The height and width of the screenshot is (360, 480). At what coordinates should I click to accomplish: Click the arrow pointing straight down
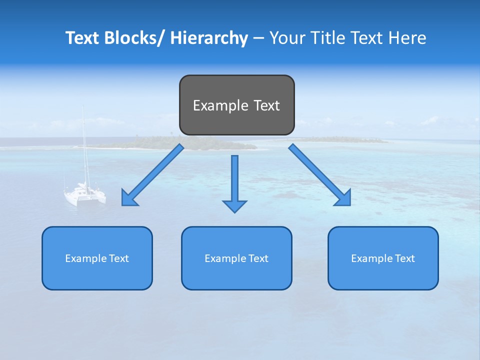234,182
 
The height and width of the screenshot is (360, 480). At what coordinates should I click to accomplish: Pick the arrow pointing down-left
152,175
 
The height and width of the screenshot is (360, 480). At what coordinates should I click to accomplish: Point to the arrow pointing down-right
320,175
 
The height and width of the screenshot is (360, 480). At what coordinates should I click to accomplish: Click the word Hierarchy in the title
209,38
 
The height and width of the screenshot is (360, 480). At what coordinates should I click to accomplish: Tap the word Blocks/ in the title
133,38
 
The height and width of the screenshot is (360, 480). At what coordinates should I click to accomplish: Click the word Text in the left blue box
119,258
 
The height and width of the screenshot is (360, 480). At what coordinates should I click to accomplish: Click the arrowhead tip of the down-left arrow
123,204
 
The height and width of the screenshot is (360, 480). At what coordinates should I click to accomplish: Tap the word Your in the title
288,38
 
